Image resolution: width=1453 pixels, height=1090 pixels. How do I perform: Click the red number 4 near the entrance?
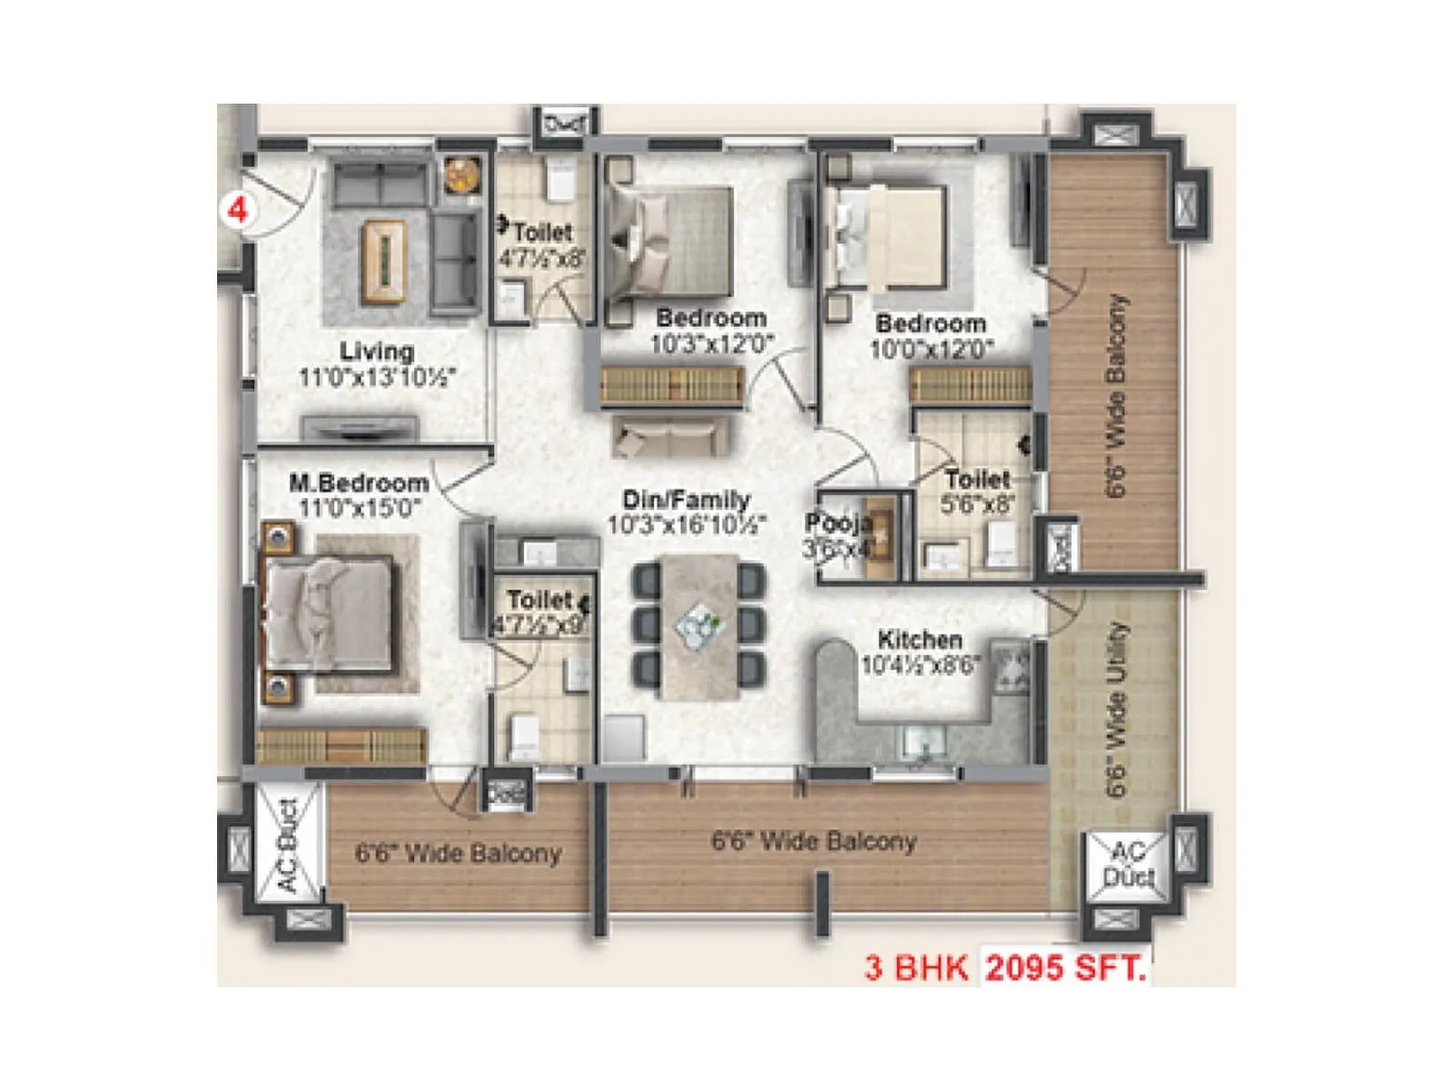[238, 211]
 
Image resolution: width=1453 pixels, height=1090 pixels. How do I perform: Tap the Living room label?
[376, 351]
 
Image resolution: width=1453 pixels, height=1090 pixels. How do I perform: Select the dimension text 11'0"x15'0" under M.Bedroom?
[360, 508]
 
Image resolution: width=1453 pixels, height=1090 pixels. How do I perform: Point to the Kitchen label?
[919, 639]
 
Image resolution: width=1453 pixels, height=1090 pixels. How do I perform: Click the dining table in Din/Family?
[699, 627]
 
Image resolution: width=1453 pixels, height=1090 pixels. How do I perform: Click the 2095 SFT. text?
[1065, 967]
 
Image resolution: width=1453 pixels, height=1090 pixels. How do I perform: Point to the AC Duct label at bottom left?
[287, 845]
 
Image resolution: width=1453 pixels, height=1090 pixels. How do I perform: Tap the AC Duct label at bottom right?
[1127, 864]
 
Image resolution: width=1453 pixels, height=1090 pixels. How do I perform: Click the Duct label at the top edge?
[564, 122]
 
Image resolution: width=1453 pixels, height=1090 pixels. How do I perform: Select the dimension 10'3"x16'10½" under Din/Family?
[687, 525]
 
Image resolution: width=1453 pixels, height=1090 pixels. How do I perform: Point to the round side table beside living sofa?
[462, 174]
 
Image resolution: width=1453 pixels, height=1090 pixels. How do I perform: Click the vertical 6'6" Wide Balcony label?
[1116, 395]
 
